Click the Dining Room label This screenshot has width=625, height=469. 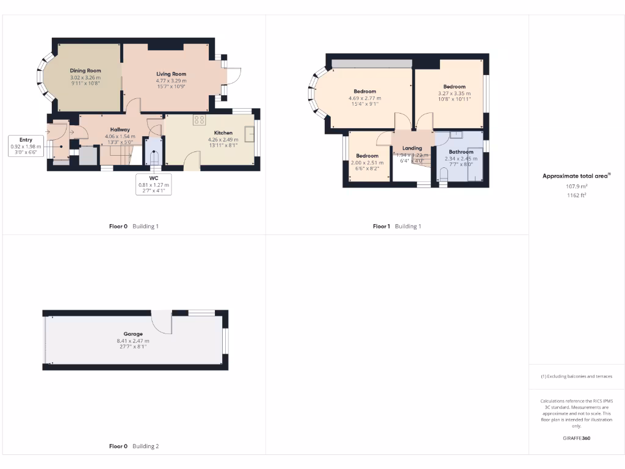[85, 71]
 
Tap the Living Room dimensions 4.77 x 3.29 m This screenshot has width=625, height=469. [171, 81]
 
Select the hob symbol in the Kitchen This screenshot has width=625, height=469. [200, 120]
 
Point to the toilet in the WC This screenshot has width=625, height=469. [154, 158]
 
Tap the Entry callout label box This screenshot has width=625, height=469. [26, 147]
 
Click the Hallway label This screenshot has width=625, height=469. [120, 129]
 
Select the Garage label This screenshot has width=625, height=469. [133, 334]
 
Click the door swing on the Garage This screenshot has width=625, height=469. [162, 321]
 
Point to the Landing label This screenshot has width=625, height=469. [412, 148]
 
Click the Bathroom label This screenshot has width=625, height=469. [461, 152]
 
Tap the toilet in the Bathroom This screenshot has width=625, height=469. [444, 175]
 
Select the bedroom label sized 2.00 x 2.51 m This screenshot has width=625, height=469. [367, 156]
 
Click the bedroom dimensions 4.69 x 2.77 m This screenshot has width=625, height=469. [364, 98]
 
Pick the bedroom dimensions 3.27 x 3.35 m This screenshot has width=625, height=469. [454, 93]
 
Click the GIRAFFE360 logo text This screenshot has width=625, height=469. [577, 438]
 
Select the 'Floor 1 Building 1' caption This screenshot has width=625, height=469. [397, 226]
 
